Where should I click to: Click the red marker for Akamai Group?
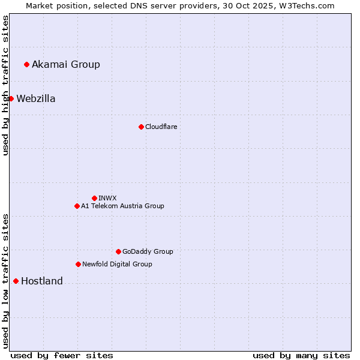click(26, 64)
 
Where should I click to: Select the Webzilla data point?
click(11, 98)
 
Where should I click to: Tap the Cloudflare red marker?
click(141, 127)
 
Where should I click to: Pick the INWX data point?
click(94, 198)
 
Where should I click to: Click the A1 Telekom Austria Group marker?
click(77, 206)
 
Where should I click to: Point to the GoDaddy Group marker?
click(118, 251)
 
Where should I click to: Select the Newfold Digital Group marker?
click(78, 264)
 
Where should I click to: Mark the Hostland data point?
click(16, 281)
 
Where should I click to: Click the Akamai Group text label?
click(66, 64)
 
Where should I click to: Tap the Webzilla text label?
click(36, 98)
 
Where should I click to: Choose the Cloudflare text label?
click(161, 127)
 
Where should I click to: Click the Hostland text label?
click(42, 281)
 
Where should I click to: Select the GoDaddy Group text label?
click(148, 251)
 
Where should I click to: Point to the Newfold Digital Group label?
click(117, 264)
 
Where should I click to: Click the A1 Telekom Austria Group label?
click(122, 206)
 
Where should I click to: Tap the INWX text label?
click(107, 198)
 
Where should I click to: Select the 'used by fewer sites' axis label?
click(62, 355)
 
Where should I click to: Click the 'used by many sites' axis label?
click(301, 355)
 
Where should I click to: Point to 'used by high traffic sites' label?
click(5, 85)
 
